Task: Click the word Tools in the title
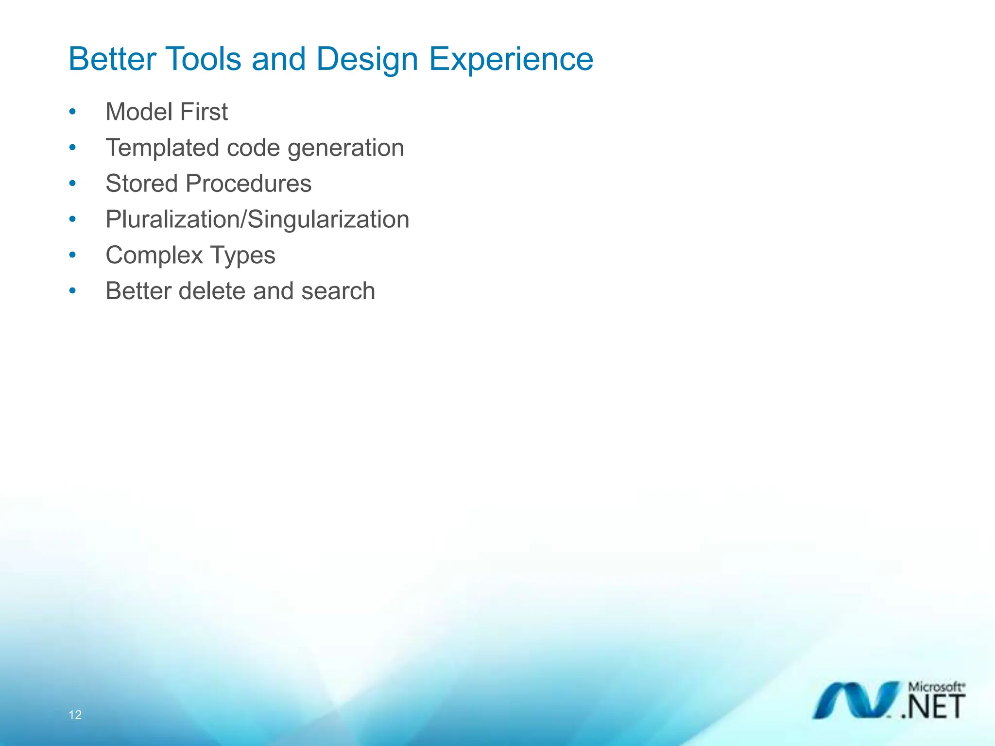(x=203, y=59)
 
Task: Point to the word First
(x=204, y=112)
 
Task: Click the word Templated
(x=162, y=148)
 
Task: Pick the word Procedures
(x=248, y=184)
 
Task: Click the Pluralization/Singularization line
(x=257, y=220)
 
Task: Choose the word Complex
(x=154, y=256)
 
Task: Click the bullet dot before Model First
(x=72, y=112)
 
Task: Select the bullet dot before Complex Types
(x=72, y=255)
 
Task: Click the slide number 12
(x=75, y=715)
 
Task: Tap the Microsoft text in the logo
(x=936, y=687)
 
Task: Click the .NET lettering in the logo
(x=933, y=708)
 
